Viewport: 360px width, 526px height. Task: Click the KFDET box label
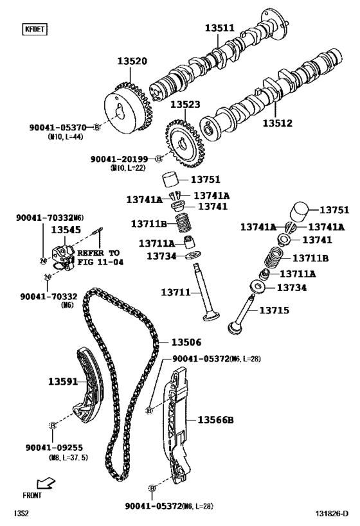[30, 29]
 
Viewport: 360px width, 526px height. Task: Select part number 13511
[220, 28]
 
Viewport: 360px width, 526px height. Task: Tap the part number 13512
[278, 122]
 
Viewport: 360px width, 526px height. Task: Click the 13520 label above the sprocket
[132, 62]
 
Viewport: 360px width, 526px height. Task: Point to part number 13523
[184, 104]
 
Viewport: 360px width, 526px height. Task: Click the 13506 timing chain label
[186, 342]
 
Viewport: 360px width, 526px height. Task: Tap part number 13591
[62, 381]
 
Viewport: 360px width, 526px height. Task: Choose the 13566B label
[215, 420]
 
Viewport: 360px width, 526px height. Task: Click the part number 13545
[66, 229]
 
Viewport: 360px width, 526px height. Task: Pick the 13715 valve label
[274, 310]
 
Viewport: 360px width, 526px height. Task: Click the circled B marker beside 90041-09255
[52, 425]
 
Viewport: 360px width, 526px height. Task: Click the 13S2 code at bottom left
[22, 513]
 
